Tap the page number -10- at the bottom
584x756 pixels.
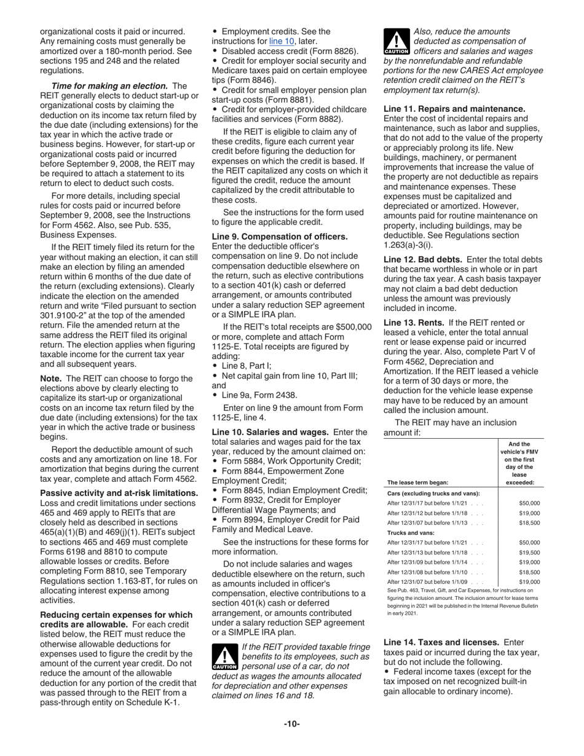(x=291, y=723)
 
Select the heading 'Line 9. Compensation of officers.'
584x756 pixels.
(x=280, y=236)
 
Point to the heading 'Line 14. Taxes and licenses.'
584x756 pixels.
(x=441, y=642)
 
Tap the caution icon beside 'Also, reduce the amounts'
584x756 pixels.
(x=396, y=41)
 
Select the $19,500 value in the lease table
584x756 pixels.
(x=529, y=553)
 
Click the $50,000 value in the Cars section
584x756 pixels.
(x=529, y=503)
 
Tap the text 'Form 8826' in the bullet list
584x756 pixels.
(x=336, y=51)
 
